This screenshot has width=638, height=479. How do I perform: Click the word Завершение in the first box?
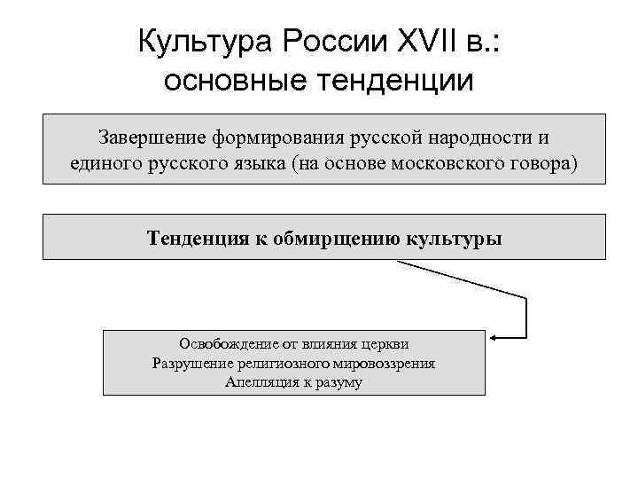pyautogui.click(x=151, y=138)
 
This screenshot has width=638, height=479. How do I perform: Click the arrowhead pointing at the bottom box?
pyautogui.click(x=494, y=337)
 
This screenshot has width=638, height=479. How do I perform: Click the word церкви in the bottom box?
pyautogui.click(x=387, y=344)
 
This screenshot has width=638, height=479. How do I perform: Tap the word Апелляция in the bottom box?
pyautogui.click(x=261, y=382)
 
